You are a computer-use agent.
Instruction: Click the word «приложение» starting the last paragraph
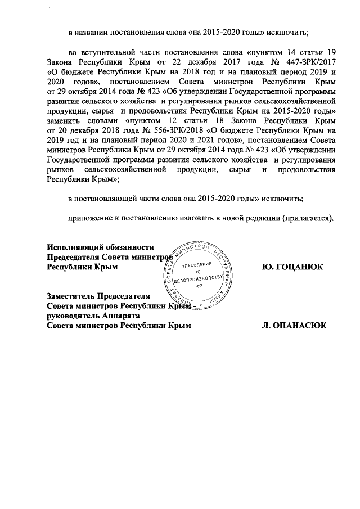point(91,219)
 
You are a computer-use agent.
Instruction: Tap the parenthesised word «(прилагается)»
point(305,219)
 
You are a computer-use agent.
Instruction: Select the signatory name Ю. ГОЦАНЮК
point(292,267)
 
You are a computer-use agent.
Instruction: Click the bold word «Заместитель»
point(71,296)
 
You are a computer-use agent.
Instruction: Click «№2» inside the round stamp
point(199,287)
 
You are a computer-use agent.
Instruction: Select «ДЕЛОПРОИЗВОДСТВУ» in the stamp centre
point(199,279)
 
